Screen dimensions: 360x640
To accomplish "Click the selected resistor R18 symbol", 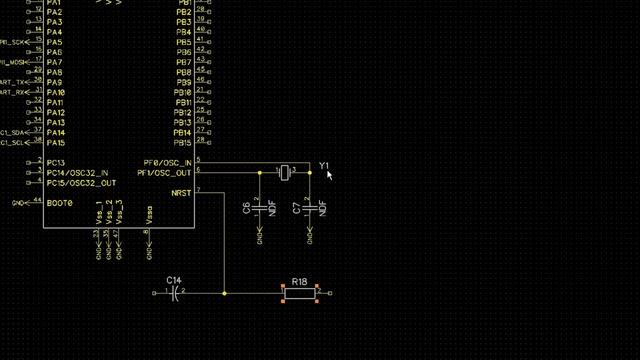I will pos(300,293).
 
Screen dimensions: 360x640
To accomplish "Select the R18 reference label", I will pos(299,281).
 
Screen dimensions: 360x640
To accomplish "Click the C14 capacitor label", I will pos(174,280).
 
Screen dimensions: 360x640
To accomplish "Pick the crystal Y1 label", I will pos(324,165).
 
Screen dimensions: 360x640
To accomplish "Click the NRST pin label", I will pos(181,192).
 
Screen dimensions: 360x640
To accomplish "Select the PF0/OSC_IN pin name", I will pos(167,162).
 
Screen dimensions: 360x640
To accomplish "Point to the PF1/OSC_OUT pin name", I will pos(165,172).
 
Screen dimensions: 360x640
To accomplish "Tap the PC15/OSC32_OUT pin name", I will pos(80,183).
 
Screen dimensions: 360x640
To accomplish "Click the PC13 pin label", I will pos(55,163).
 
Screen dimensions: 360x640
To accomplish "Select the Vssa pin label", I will pos(148,214).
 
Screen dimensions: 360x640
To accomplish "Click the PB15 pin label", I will pos(182,143).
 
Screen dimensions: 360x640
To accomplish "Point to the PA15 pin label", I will pos(55,143).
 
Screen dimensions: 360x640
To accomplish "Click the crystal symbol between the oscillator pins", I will pos(285,172).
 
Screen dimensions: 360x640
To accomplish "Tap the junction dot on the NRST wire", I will pos(224,293).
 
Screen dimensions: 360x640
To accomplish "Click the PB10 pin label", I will pos(182,93).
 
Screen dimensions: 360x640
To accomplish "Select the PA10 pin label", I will pos(55,93).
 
